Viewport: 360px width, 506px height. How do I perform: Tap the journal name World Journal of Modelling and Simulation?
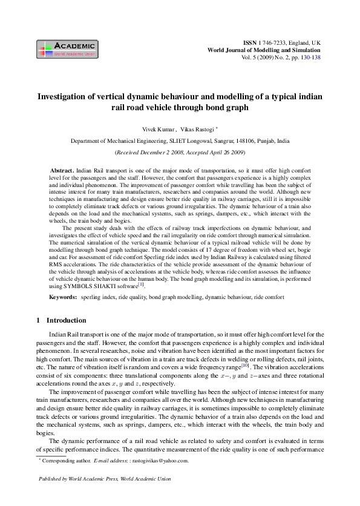tap(264, 51)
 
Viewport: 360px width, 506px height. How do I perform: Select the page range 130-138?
tap(310, 59)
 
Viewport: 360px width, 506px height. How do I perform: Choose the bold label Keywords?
tap(63, 298)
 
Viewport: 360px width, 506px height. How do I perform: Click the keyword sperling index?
tap(99, 298)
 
